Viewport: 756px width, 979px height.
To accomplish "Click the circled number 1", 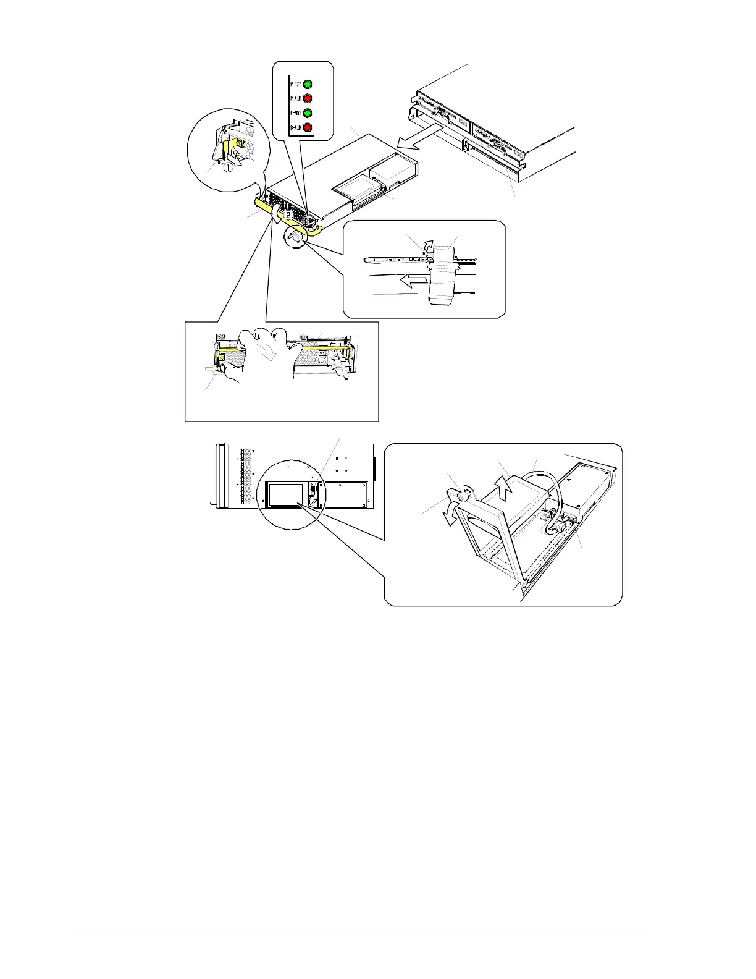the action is [x=227, y=166].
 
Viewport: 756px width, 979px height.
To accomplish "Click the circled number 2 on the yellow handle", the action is [x=288, y=214].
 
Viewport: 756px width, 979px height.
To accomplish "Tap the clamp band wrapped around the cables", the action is [x=443, y=278].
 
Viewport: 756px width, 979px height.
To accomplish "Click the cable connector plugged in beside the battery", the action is [x=559, y=525].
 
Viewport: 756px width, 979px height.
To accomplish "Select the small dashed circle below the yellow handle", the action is [x=296, y=236].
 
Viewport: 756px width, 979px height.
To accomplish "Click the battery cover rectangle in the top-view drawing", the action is [x=285, y=495].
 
